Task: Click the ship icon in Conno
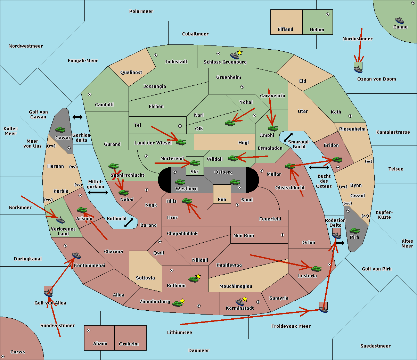pos(400,20)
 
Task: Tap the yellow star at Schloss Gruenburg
pos(239,52)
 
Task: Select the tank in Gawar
pos(60,130)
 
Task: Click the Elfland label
pos(285,30)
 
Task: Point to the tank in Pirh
pos(354,231)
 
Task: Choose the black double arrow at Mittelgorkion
pos(98,192)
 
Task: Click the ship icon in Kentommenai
pos(76,256)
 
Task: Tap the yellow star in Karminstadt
pos(245,299)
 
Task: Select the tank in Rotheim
pos(193,279)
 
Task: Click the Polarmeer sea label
pos(141,11)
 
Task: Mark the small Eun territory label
pos(222,200)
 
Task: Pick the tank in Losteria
pos(316,269)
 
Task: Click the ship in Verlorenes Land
pos(60,220)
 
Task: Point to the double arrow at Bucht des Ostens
pos(319,168)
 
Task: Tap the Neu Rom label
pos(244,236)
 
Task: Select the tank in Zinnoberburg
pos(178,304)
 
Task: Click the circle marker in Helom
pos(327,14)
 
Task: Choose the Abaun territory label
pos(100,344)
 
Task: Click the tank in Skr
pos(195,163)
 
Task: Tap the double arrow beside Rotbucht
pos(129,223)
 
